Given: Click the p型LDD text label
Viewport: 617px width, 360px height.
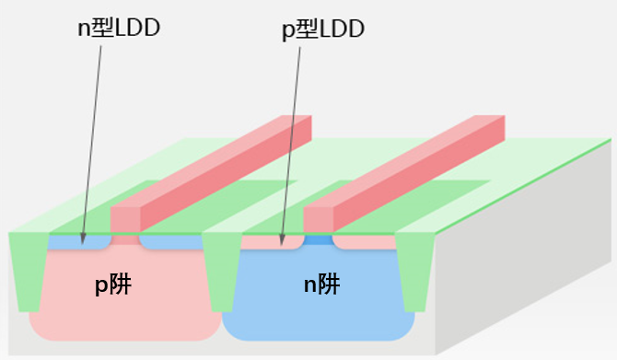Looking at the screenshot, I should pos(323,29).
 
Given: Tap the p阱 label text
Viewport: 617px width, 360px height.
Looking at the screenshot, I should pos(113,285).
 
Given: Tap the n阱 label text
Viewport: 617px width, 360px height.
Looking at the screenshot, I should pos(321,285).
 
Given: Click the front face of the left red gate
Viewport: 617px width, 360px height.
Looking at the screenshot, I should pos(124,219).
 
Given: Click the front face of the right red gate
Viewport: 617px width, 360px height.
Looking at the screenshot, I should pos(318,219).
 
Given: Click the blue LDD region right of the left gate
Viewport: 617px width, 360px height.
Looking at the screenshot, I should pos(170,243).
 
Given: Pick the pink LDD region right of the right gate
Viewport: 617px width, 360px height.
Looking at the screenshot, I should pos(364,243).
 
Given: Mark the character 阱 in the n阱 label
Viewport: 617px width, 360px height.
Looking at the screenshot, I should pos(331,285).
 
